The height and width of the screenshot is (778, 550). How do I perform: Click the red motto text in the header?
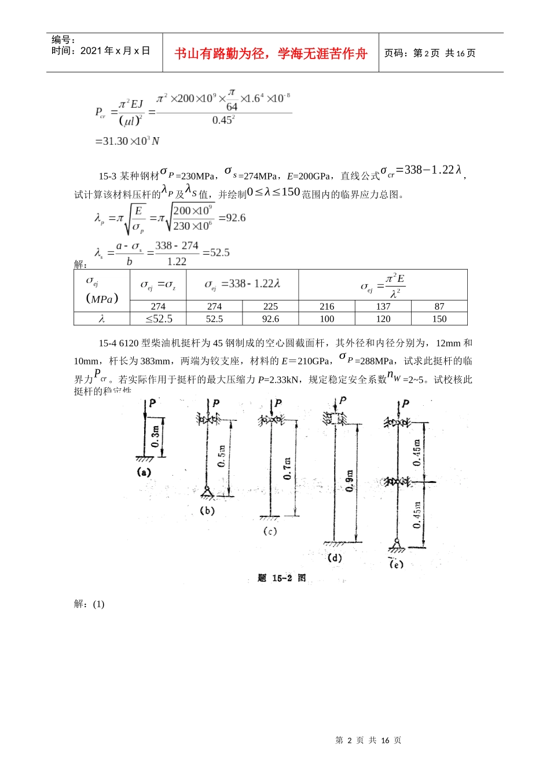tap(271, 53)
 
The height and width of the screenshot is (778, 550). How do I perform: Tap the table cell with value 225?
tap(270, 306)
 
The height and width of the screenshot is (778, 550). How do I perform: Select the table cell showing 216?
tap(327, 306)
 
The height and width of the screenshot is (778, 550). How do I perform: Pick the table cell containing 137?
tap(383, 306)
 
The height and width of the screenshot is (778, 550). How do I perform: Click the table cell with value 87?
tap(439, 306)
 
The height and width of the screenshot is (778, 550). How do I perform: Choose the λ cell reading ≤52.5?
tap(158, 319)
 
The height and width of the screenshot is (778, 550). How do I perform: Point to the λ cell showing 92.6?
tap(270, 319)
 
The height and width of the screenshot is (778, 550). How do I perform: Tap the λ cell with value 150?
tap(439, 319)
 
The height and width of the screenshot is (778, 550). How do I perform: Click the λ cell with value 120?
tap(383, 319)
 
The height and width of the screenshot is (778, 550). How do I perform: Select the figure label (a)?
tap(144, 472)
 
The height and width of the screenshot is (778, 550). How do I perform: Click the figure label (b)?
tap(207, 511)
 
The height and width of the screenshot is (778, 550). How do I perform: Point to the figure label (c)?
tap(270, 531)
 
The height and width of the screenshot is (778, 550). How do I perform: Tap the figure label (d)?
tap(335, 558)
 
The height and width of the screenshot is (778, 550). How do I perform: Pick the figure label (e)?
tap(396, 564)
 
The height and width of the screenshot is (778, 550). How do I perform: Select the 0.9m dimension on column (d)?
tap(350, 480)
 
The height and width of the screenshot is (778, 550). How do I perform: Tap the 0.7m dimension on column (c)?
tap(288, 468)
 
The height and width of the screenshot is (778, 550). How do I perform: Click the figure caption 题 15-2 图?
tap(281, 578)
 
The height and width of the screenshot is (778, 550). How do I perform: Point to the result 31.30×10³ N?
tap(127, 141)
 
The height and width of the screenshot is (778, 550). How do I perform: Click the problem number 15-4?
tap(108, 343)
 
